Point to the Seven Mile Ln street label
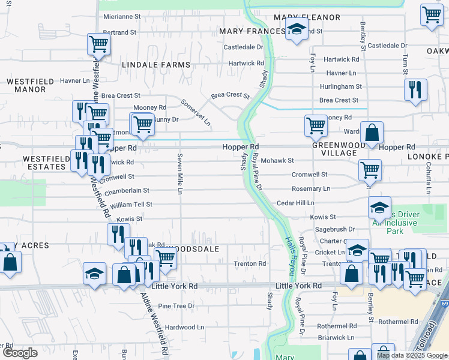tap(179, 173)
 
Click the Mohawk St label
tap(277, 161)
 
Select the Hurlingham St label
tap(339, 86)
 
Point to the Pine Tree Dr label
tap(176, 306)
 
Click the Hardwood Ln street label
tap(180, 327)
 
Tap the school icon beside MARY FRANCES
tap(296, 29)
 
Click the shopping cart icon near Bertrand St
tap(99, 43)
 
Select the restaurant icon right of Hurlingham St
tap(415, 89)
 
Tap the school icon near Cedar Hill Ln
tap(379, 207)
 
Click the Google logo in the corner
tap(20, 353)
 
